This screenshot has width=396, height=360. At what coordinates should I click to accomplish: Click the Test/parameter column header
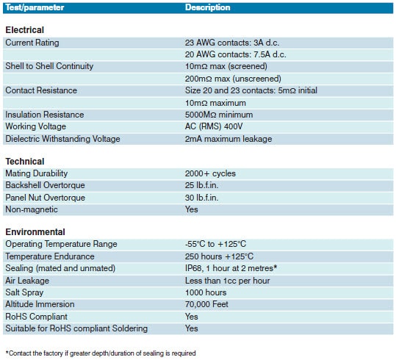pos(35,7)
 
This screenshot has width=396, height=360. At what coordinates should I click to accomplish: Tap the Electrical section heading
pos(25,30)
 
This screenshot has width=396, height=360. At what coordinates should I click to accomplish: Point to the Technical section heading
pos(25,161)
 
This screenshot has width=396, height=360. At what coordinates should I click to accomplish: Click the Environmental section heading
pos(35,231)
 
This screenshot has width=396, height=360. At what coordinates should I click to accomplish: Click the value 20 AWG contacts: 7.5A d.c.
pos(235,54)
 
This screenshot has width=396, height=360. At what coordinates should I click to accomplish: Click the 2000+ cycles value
pos(210,173)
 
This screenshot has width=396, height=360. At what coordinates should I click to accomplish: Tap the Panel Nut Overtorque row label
pos(45,198)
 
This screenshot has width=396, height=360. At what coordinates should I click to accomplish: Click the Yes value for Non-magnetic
pos(192,209)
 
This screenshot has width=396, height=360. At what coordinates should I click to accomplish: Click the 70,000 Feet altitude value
pos(208,304)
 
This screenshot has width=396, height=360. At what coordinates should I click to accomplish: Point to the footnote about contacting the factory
pos(101,353)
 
